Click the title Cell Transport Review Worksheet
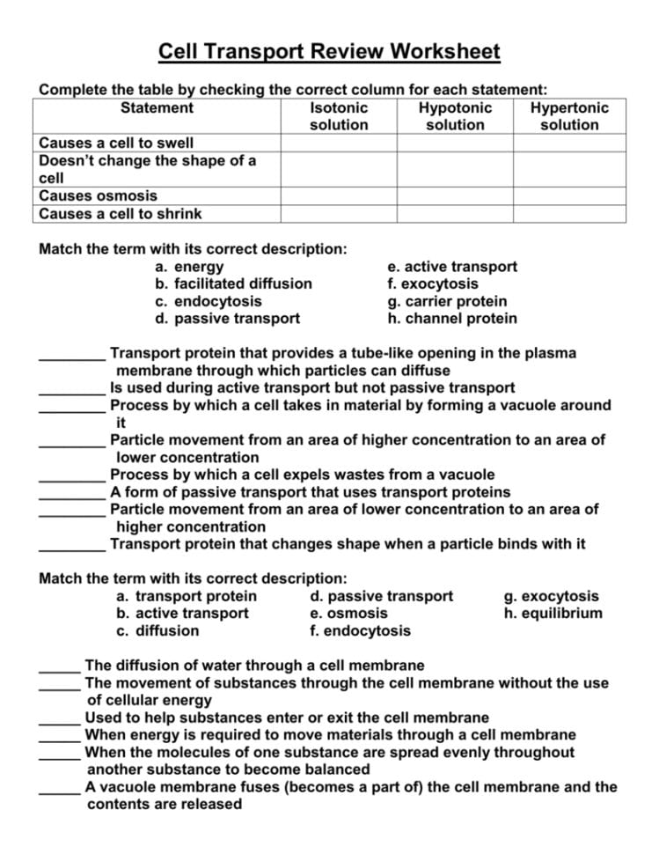(329, 52)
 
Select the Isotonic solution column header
(339, 116)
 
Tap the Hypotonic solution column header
(454, 116)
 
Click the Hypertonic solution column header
(569, 116)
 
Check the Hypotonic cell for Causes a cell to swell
(454, 143)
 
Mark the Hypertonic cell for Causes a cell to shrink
(569, 214)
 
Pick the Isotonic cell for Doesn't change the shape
(339, 169)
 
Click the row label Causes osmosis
(99, 196)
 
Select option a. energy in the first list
(189, 267)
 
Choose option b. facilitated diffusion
(233, 283)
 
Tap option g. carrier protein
(447, 301)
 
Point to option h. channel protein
(452, 319)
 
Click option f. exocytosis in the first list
(433, 283)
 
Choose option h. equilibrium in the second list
(553, 614)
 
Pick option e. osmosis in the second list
(349, 614)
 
